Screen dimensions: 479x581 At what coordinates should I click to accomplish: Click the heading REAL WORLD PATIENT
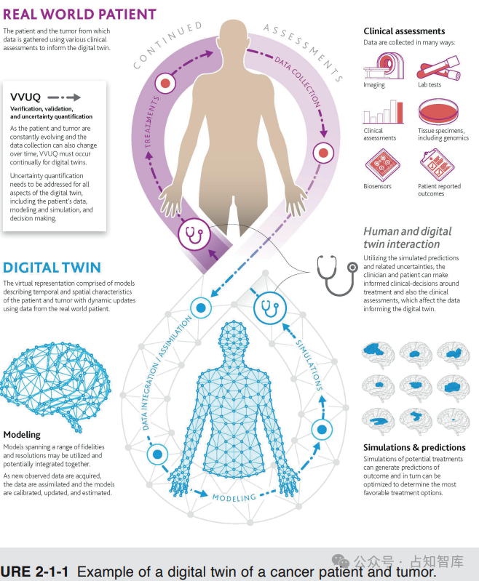click(x=79, y=14)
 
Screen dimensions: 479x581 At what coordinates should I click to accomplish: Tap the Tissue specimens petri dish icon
click(x=437, y=113)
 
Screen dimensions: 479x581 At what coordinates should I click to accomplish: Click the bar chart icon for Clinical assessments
click(x=383, y=113)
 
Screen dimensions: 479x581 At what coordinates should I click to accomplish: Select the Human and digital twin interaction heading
click(x=407, y=238)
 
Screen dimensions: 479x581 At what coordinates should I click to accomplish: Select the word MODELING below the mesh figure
click(x=234, y=498)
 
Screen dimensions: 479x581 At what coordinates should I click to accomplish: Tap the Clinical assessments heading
click(x=404, y=31)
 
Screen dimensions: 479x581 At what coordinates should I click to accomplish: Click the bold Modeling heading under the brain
click(x=22, y=435)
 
